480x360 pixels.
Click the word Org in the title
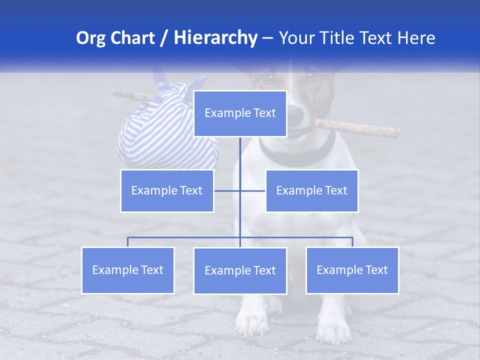91,38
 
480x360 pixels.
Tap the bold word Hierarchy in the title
215,38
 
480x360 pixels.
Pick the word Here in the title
416,38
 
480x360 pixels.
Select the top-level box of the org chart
240,113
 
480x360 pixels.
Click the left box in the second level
167,190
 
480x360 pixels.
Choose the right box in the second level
311,190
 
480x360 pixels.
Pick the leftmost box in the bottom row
128,270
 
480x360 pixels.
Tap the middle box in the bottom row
240,270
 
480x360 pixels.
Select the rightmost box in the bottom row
352,270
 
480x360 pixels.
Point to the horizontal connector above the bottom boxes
185,237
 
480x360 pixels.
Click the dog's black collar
300,155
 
